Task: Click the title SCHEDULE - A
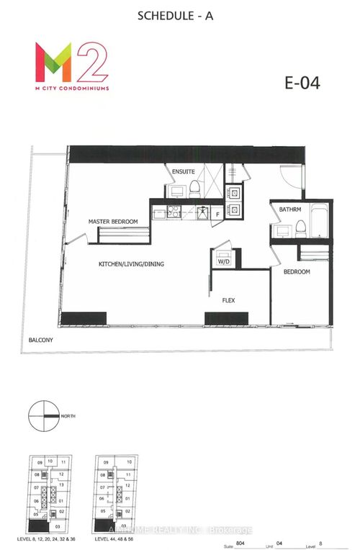(x=180, y=14)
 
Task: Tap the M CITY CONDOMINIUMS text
(x=66, y=89)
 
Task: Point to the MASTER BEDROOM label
(x=114, y=221)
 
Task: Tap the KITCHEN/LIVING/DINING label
(x=131, y=264)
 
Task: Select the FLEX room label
(x=229, y=299)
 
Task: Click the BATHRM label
(x=290, y=209)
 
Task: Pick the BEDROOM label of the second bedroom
(x=296, y=271)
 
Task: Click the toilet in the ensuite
(x=195, y=189)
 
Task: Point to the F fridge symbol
(x=217, y=214)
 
